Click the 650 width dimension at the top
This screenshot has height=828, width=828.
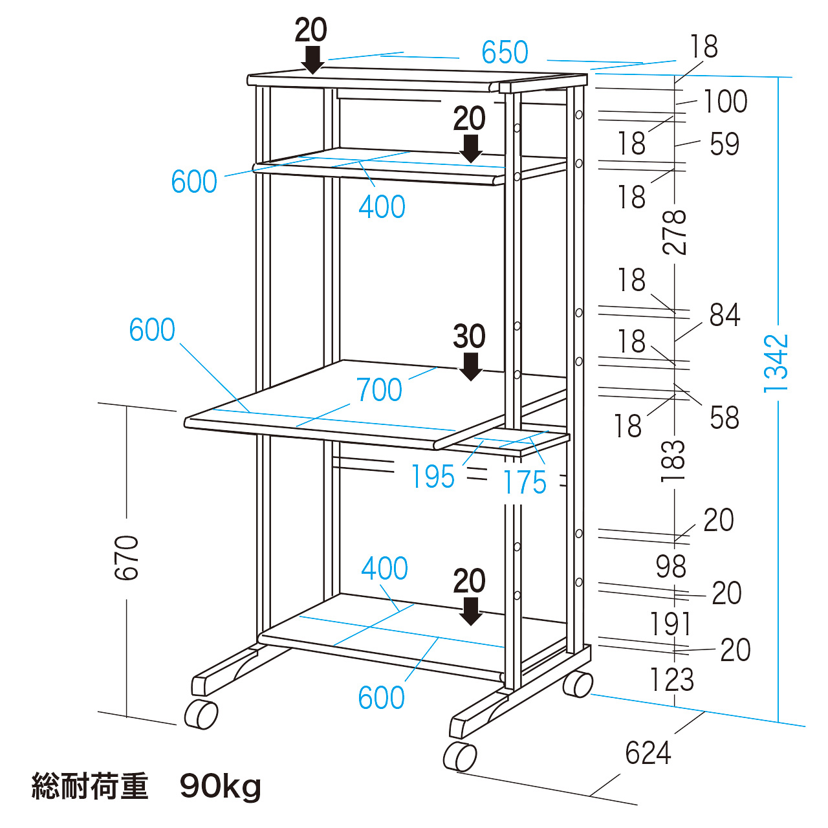click(505, 52)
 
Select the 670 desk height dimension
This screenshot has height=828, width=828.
click(127, 557)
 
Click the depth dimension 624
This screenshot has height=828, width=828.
click(648, 753)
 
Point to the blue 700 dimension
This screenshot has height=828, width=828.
click(379, 389)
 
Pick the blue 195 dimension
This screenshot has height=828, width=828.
click(433, 477)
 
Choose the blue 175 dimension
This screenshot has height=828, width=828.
click(525, 482)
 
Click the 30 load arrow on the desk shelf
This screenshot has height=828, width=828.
click(470, 367)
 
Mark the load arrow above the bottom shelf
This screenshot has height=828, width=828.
click(470, 611)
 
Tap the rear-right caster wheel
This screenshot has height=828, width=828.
click(578, 684)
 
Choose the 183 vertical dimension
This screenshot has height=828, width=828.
click(673, 461)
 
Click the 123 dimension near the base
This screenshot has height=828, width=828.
click(671, 679)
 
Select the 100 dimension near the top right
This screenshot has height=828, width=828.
click(725, 102)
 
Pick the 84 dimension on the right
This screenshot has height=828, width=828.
click(724, 315)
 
